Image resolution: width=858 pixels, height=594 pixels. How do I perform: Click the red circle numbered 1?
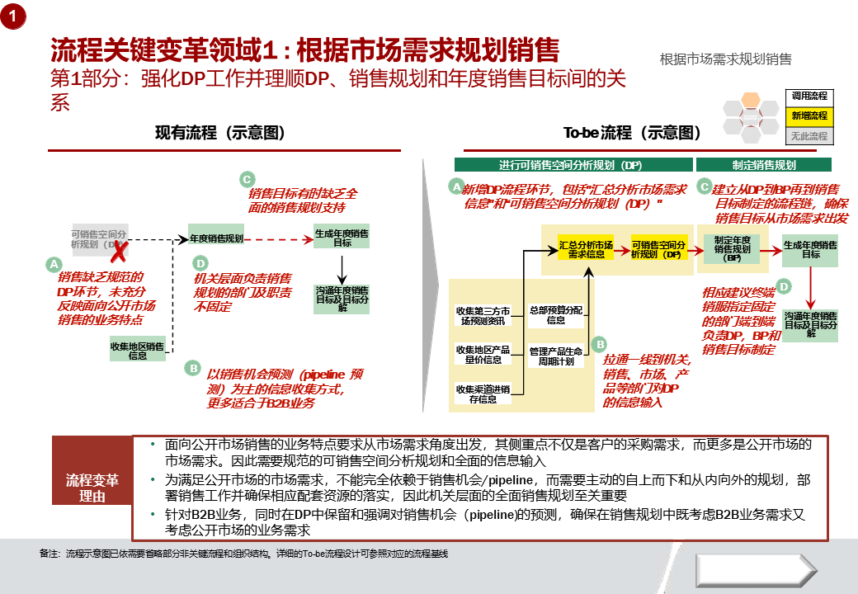[14, 16]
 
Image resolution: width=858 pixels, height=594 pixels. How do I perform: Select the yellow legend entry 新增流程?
[808, 116]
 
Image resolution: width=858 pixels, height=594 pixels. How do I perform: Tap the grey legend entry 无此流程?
[808, 136]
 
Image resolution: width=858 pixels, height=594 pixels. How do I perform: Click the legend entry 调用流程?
[808, 97]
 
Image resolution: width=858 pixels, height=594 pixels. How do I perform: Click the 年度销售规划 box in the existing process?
[216, 238]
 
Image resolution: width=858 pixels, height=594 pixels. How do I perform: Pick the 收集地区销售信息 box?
[138, 350]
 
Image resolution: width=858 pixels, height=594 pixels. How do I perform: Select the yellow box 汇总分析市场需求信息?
[586, 249]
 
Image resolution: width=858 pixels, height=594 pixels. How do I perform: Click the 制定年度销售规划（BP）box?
[732, 248]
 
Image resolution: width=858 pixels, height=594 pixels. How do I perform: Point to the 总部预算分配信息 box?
[556, 314]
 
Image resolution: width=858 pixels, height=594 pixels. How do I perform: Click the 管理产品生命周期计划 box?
[556, 356]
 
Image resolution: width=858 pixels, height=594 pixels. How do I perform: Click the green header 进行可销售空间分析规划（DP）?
[571, 164]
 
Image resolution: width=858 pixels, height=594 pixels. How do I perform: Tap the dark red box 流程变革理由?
[92, 488]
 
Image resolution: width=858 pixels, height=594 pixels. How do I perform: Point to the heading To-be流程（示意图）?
[632, 132]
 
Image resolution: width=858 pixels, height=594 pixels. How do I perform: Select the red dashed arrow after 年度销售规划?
[279, 238]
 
